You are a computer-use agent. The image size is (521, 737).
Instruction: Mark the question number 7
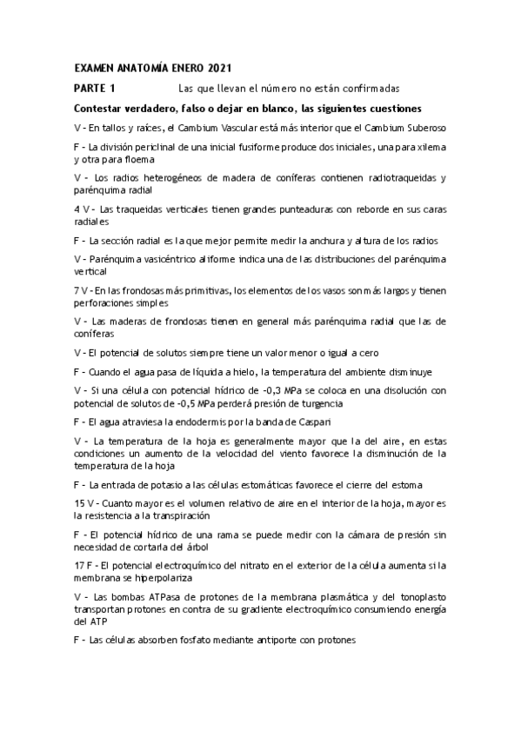[x=77, y=290]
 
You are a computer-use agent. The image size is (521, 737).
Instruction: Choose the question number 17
[x=79, y=565]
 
